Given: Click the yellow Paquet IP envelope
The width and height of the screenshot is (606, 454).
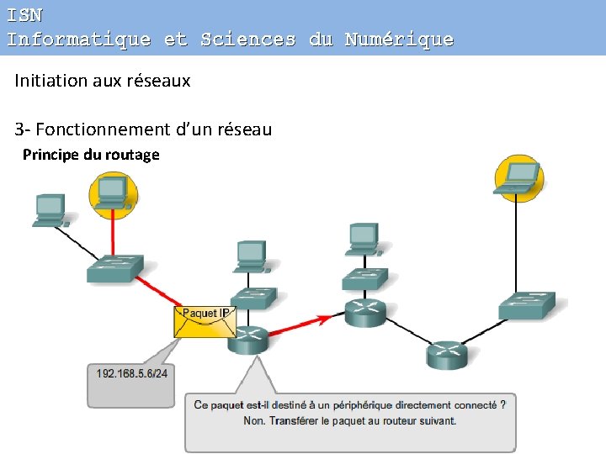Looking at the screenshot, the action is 203,322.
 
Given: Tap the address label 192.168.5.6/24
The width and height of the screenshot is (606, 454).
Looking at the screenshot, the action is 131,373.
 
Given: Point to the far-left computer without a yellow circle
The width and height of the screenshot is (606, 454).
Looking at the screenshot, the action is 50,209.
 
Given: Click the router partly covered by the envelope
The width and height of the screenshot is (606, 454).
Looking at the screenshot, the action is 247,338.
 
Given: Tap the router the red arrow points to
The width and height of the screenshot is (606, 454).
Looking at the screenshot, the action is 364,312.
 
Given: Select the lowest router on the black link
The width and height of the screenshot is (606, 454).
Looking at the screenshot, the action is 446,355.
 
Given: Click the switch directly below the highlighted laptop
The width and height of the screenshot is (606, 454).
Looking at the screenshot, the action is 527,305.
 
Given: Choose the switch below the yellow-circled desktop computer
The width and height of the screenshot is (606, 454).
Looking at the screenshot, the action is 114,267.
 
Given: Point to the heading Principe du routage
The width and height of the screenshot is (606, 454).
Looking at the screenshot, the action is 91,155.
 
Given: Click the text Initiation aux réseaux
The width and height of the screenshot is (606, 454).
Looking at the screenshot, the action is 103,81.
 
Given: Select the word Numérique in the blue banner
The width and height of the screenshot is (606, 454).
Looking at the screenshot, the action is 399,39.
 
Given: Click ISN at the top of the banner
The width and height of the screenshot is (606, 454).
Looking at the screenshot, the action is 24,14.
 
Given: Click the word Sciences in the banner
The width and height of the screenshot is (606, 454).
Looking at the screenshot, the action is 248,39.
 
